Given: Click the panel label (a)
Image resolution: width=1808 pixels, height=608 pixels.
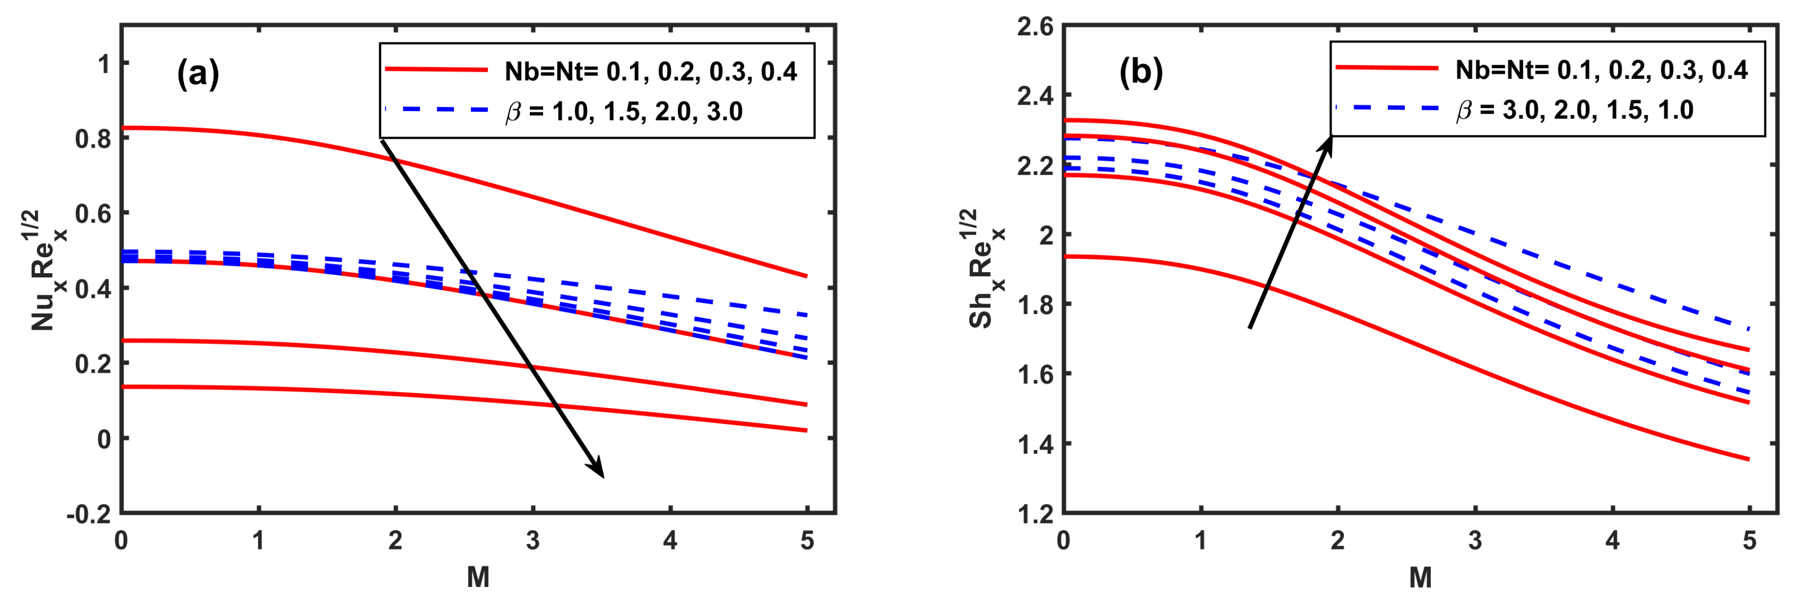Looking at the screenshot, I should coord(198,73).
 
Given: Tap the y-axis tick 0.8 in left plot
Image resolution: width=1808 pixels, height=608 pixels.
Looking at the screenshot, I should coord(93,138).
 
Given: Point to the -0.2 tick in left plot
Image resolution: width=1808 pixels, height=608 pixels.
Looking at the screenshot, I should coord(89,514).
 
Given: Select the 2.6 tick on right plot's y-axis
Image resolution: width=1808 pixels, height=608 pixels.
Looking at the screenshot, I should coord(1035,27).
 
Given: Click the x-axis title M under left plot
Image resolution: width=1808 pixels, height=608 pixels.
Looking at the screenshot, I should coord(478,578).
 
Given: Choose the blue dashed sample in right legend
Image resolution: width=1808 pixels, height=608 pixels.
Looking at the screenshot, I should coord(1387,108).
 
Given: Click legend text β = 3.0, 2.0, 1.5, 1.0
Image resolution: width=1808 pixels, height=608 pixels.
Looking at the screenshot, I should coord(1574,110).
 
